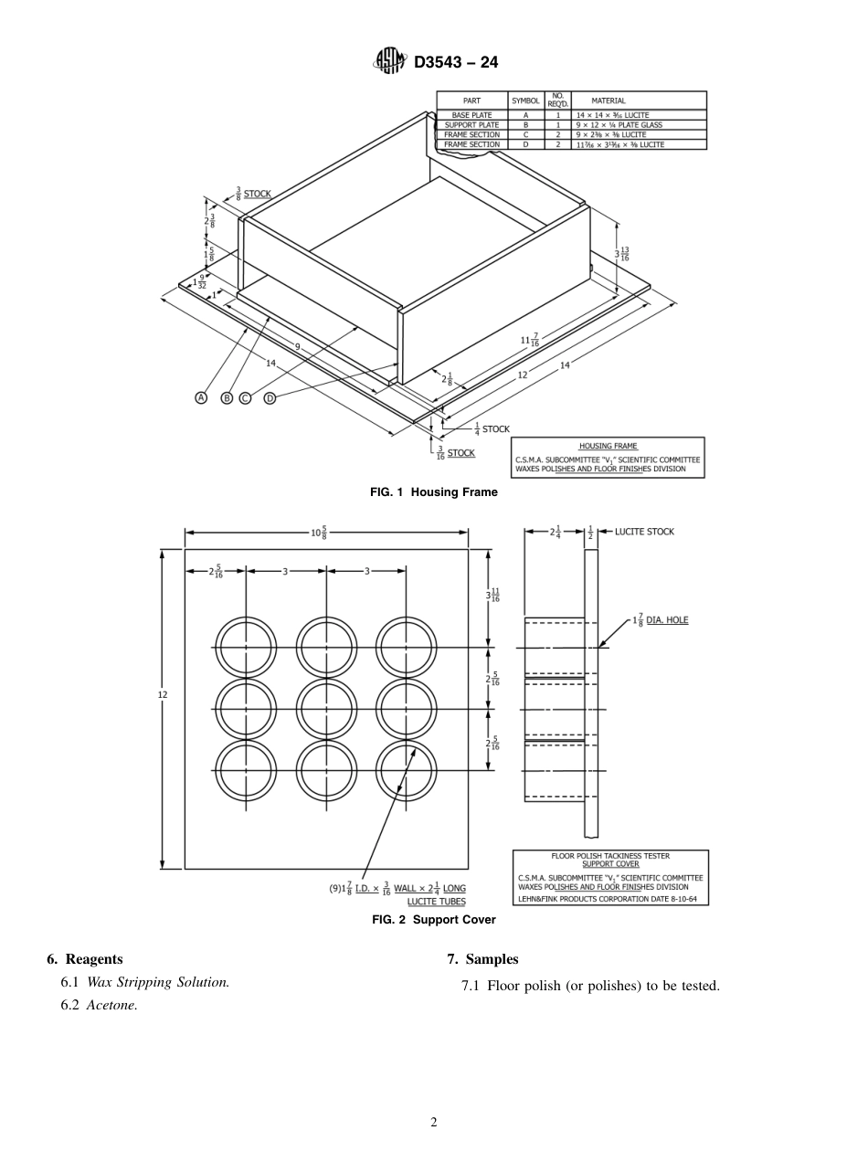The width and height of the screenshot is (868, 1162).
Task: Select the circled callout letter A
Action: [201, 397]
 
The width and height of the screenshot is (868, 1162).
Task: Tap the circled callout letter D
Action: [270, 397]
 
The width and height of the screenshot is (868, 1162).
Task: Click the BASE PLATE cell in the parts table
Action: [471, 115]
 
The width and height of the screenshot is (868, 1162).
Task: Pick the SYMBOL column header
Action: [525, 100]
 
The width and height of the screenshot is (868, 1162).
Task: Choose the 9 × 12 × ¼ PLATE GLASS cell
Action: [618, 125]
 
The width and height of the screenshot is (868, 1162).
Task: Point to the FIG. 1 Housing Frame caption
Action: [434, 492]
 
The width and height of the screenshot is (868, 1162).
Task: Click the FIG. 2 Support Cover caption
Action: [434, 920]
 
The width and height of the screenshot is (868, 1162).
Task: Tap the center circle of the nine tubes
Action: [327, 709]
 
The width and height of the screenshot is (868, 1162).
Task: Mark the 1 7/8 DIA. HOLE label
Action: [660, 620]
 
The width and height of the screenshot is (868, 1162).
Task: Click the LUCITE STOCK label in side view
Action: [644, 532]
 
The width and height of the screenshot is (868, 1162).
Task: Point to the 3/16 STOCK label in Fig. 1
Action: [454, 452]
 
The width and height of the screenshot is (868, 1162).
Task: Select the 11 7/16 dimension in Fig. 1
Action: [529, 340]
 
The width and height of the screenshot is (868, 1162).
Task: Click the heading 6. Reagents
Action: [84, 959]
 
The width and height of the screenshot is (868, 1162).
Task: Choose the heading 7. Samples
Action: [482, 959]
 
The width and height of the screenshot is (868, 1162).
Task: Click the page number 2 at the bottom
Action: [434, 1122]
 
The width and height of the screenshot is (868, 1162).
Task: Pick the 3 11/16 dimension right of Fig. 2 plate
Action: [492, 595]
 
